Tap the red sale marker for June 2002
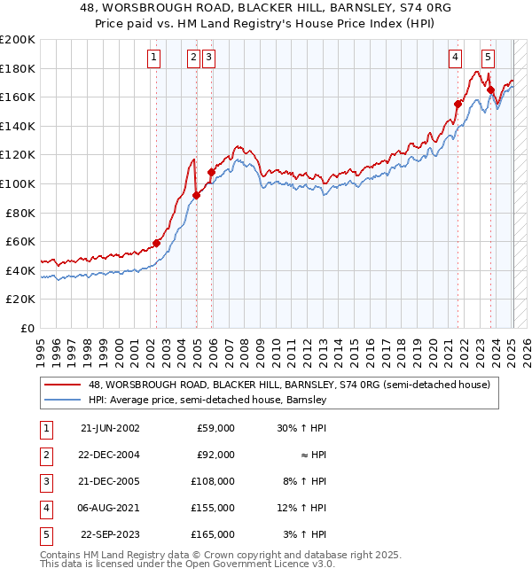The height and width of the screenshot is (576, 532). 157,243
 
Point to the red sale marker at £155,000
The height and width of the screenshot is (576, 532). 458,104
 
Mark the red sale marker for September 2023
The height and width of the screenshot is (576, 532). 490,90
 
